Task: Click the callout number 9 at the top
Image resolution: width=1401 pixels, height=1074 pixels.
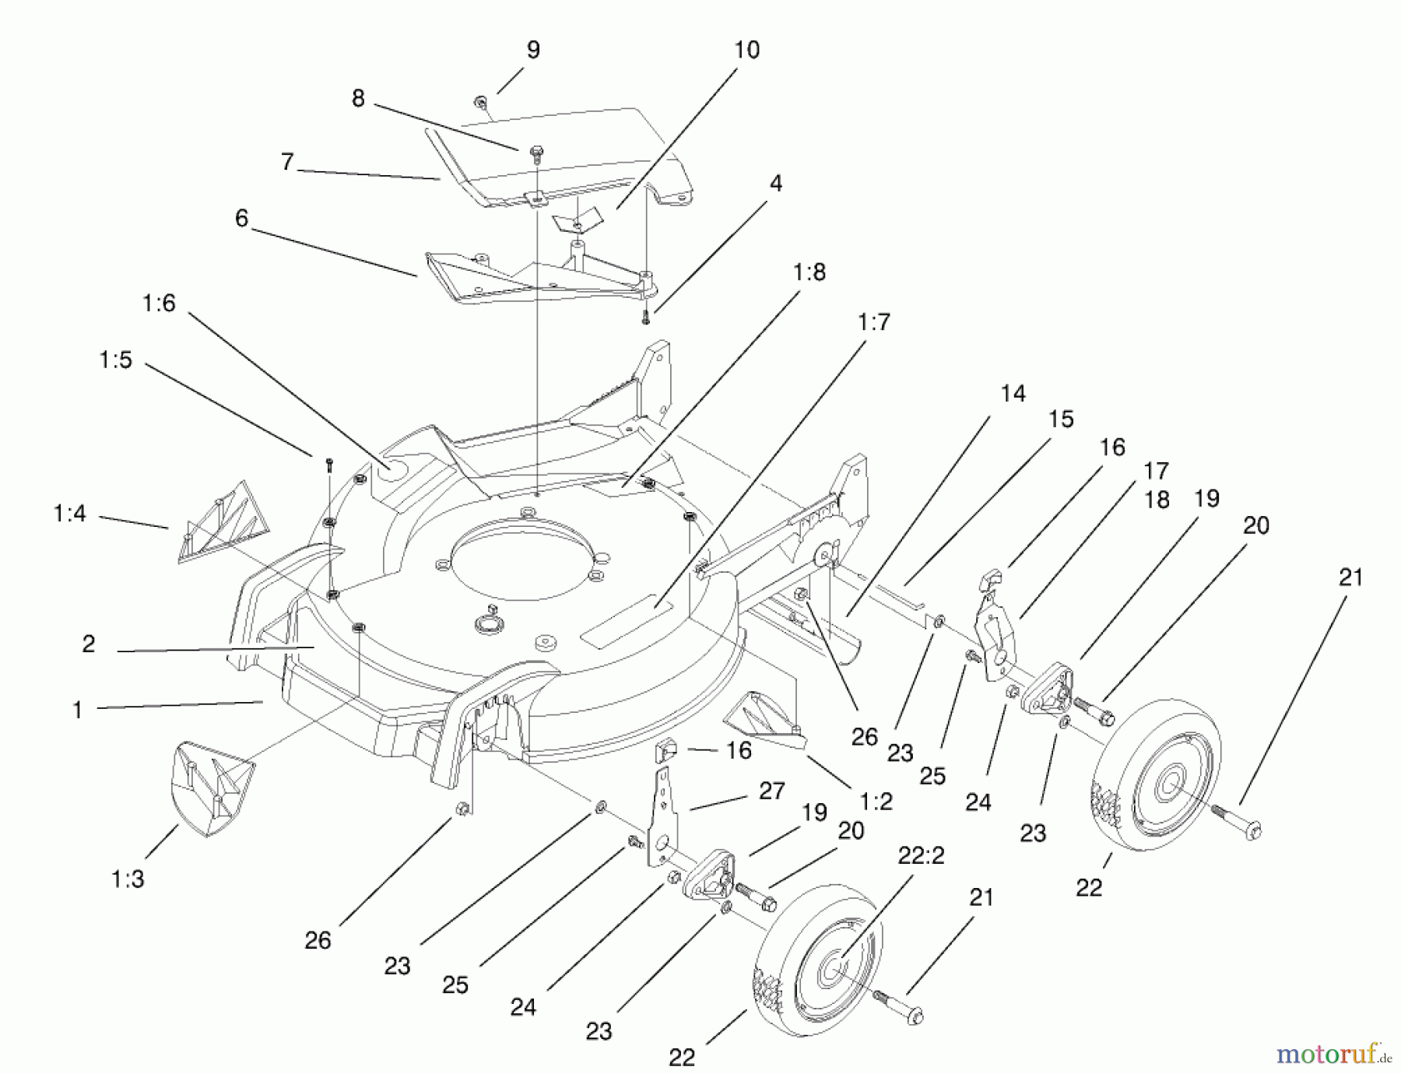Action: [533, 50]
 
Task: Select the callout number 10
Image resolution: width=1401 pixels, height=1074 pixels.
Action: [746, 50]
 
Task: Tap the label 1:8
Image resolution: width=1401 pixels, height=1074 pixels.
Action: [809, 272]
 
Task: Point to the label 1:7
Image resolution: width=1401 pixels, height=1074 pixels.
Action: [873, 322]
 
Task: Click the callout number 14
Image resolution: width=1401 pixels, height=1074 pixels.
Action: [1013, 394]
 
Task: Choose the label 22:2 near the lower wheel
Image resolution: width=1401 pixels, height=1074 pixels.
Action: [921, 855]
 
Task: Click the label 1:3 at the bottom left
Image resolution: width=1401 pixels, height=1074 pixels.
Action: [128, 879]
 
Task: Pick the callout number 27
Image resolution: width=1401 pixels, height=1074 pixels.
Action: [771, 791]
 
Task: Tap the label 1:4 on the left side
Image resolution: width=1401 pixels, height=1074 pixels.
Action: [70, 514]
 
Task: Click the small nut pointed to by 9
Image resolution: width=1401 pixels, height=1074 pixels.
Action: [479, 100]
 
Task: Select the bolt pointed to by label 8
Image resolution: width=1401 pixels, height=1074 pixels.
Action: [536, 153]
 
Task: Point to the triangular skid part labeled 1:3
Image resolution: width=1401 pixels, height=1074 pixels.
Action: [210, 786]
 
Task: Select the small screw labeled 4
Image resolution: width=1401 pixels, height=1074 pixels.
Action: [645, 318]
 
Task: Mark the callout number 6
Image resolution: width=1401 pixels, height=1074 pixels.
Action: [241, 219]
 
